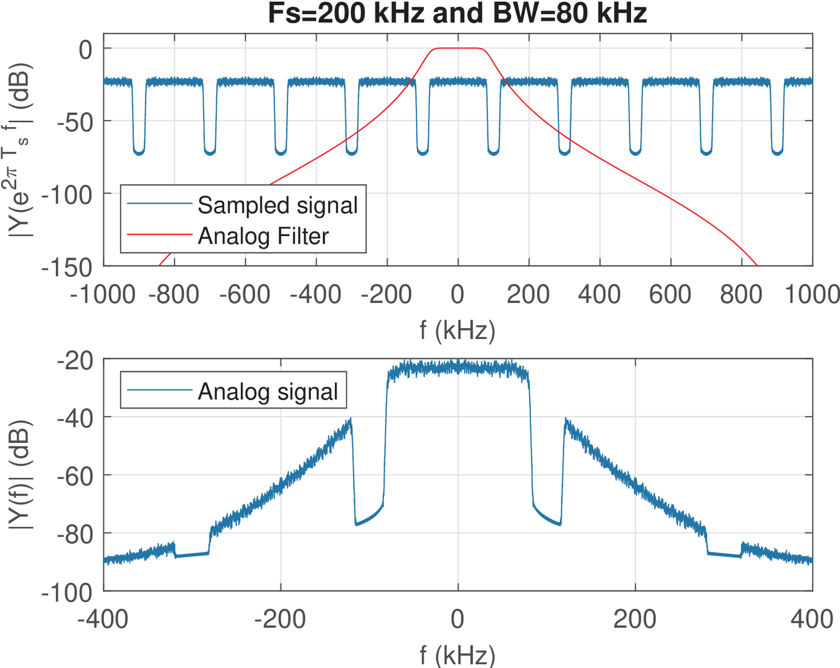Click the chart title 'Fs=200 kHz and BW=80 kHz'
pyautogui.click(x=457, y=14)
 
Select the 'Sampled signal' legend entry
pyautogui.click(x=277, y=205)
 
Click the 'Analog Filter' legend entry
pyautogui.click(x=263, y=236)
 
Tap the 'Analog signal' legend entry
pyautogui.click(x=268, y=391)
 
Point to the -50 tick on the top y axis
pyautogui.click(x=75, y=121)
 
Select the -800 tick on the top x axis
pyautogui.click(x=174, y=295)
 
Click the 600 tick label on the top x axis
pyautogui.click(x=670, y=295)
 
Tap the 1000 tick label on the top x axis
pyautogui.click(x=811, y=295)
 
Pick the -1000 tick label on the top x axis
pyautogui.click(x=103, y=295)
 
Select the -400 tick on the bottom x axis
pyautogui.click(x=103, y=620)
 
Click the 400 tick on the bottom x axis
pyautogui.click(x=812, y=620)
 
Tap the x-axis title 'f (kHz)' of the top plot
pyautogui.click(x=457, y=331)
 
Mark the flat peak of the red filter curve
pyautogui.click(x=458, y=48)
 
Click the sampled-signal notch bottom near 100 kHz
pyautogui.click(x=493, y=153)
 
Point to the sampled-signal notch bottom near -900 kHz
pyautogui.click(x=139, y=153)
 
